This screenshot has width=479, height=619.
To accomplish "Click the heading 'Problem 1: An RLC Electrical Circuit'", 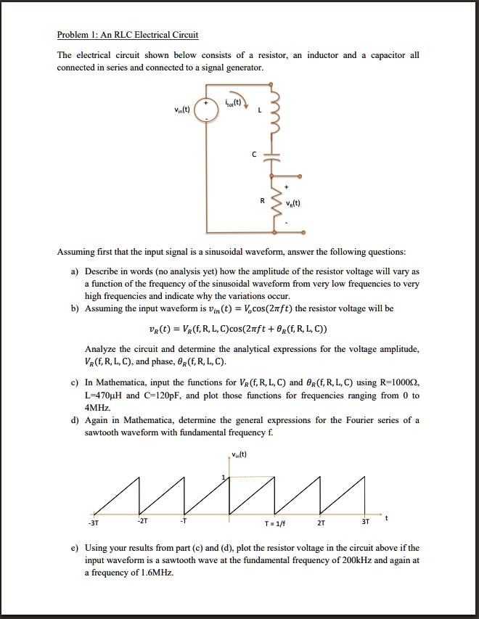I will [x=128, y=35].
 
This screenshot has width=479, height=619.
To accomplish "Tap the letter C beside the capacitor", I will [x=255, y=154].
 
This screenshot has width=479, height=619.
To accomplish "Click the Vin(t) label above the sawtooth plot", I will [x=239, y=456].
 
